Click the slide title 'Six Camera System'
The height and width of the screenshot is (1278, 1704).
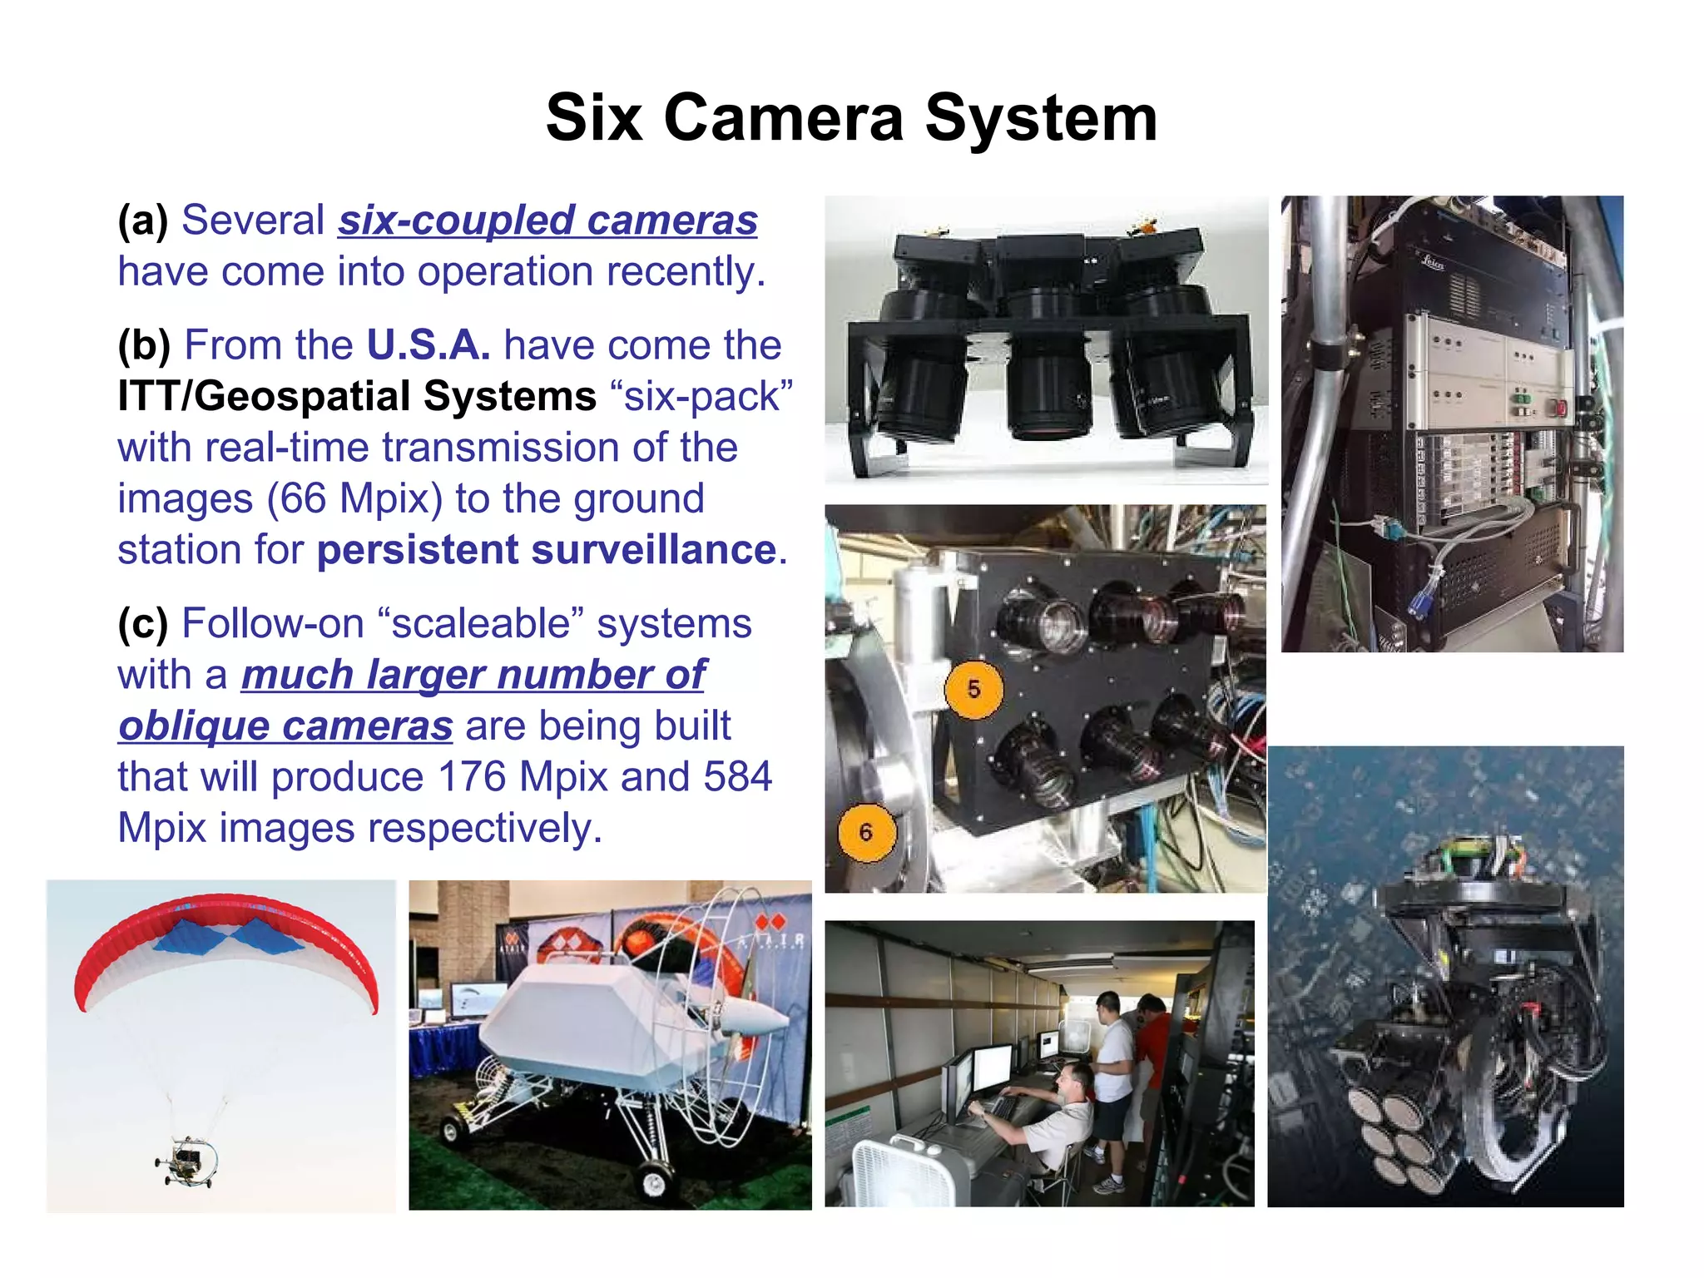coord(851,118)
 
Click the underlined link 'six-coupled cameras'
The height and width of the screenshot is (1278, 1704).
coord(547,220)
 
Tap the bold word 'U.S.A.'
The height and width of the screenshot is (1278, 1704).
coord(428,344)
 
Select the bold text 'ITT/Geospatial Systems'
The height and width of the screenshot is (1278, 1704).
coord(357,396)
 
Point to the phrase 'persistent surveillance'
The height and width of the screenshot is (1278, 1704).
coord(547,550)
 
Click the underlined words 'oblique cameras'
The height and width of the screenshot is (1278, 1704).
coord(285,726)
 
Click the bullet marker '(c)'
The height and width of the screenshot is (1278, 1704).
coord(142,624)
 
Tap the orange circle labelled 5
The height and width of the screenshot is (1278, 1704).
coord(973,690)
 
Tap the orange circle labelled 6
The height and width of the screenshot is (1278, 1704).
coord(866,832)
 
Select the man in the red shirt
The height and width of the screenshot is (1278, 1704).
coord(1152,1040)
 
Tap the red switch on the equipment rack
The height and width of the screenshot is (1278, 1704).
coord(1561,407)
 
